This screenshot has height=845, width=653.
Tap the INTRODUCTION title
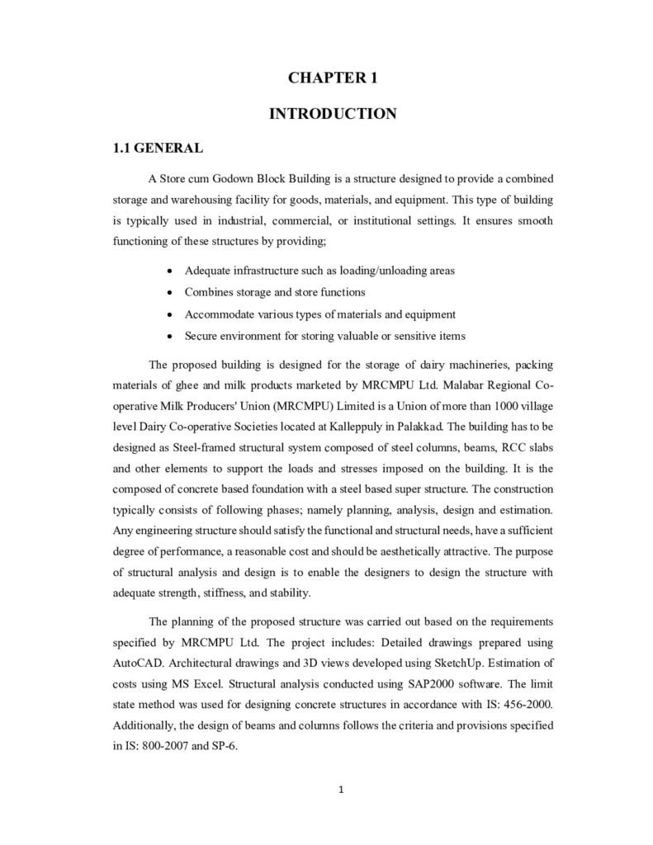coord(333,114)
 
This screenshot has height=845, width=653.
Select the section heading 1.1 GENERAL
coord(158,149)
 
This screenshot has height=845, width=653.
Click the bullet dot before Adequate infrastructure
coord(169,271)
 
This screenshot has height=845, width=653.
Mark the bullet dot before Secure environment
coord(169,336)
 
